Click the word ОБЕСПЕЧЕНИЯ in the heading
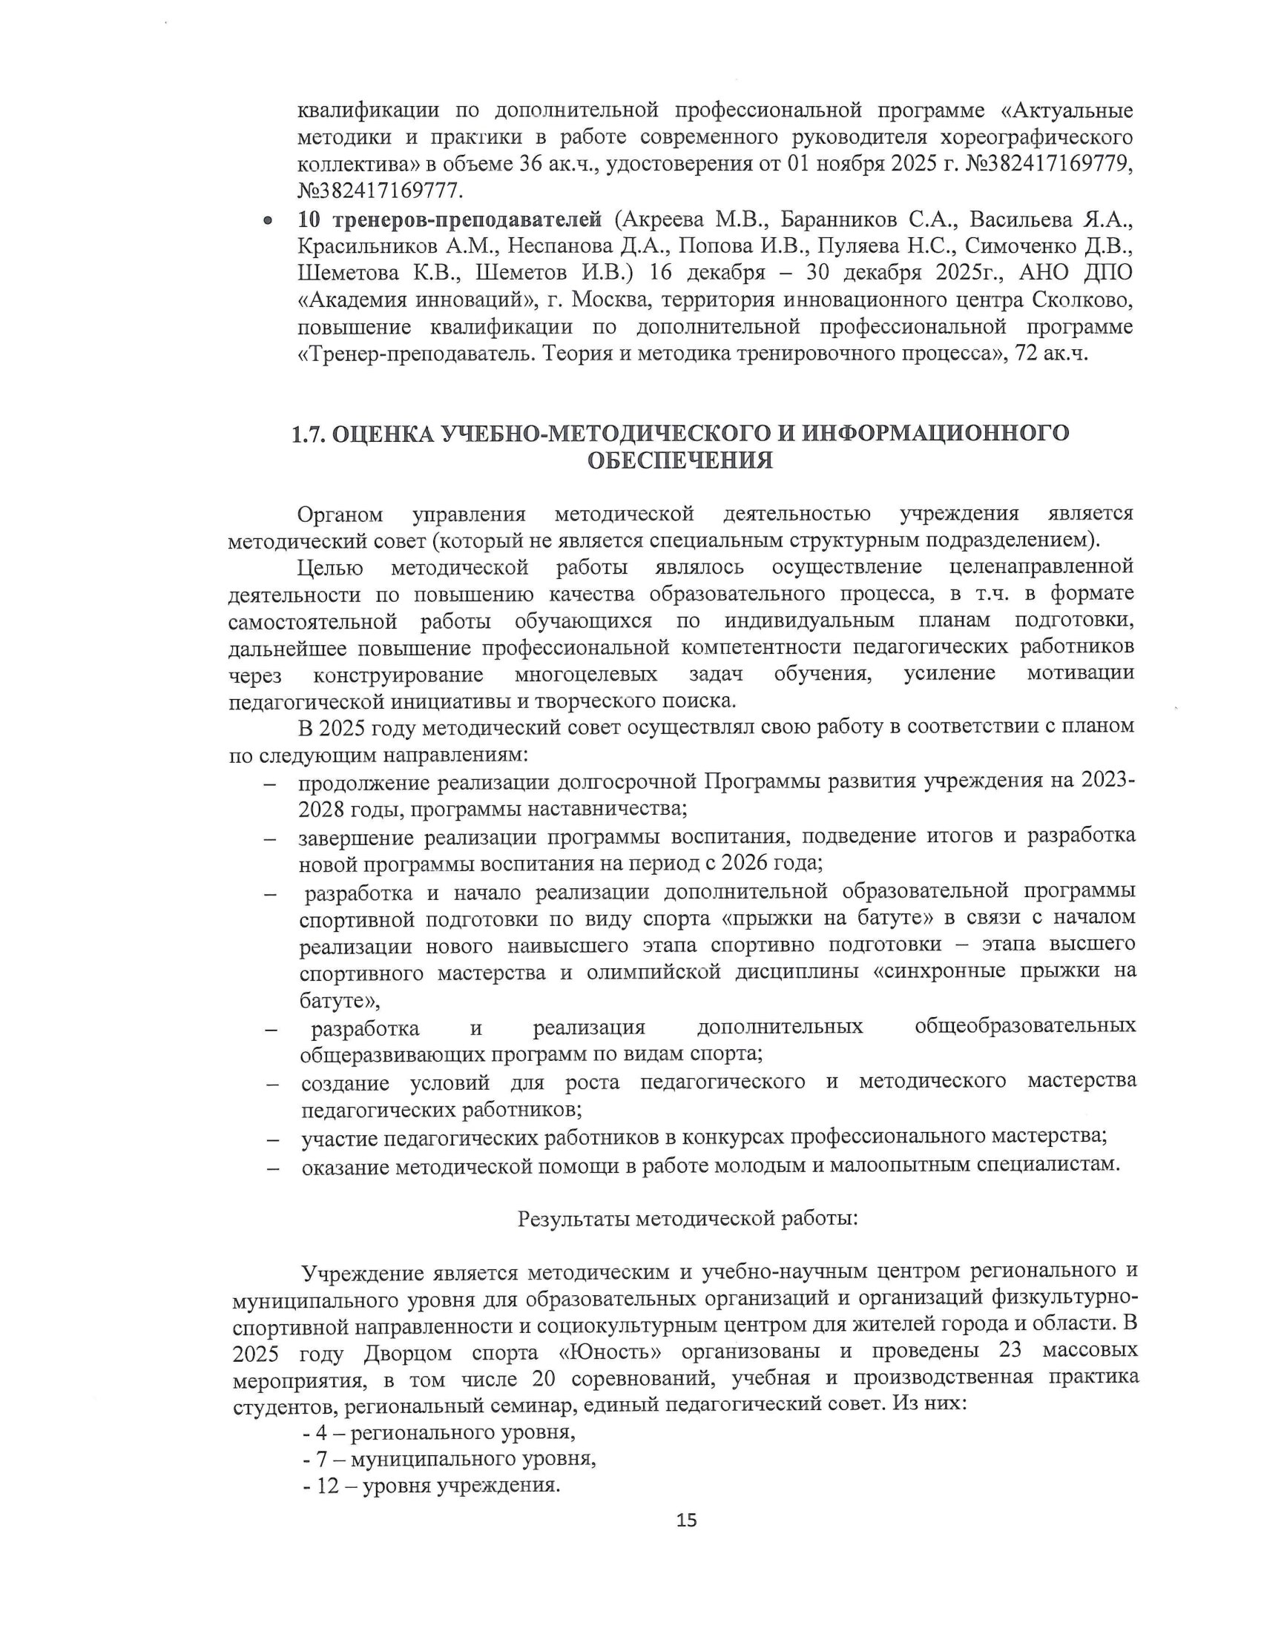(679, 461)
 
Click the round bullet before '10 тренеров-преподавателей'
(266, 222)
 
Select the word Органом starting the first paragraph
(340, 515)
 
